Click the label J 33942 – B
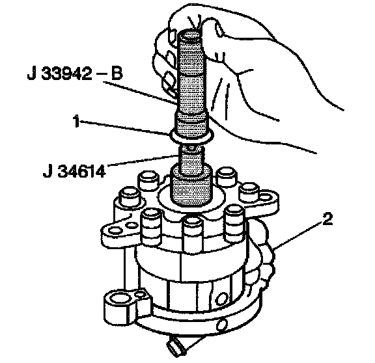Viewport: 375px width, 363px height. click(x=75, y=74)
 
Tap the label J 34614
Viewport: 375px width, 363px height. click(x=74, y=171)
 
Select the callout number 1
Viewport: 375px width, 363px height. click(x=76, y=122)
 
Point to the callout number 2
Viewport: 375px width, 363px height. click(x=327, y=219)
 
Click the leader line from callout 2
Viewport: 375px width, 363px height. click(x=298, y=235)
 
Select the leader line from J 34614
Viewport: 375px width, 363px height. click(x=142, y=160)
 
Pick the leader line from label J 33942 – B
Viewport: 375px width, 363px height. click(x=139, y=92)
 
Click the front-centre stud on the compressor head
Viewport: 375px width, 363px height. click(x=191, y=233)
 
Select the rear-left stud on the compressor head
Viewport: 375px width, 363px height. click(x=148, y=180)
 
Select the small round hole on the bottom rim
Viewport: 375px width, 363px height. click(x=222, y=325)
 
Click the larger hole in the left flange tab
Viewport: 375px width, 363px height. click(x=115, y=231)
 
